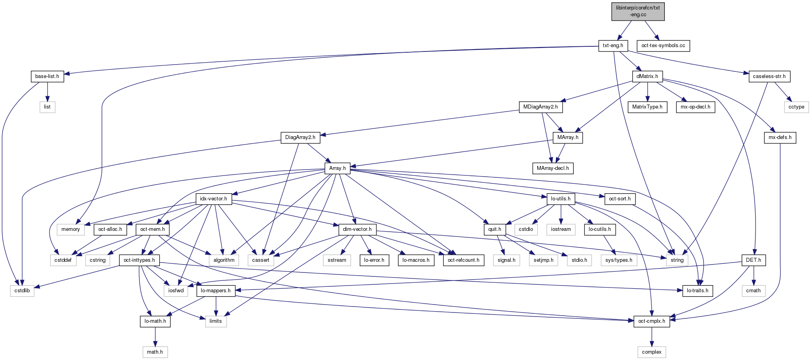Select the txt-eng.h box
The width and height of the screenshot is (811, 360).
[x=613, y=46]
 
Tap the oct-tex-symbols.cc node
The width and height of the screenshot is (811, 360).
[x=663, y=46]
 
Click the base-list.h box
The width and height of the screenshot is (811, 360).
[x=47, y=76]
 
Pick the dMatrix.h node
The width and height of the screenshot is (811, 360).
[x=647, y=76]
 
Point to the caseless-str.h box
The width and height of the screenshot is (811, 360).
[x=769, y=76]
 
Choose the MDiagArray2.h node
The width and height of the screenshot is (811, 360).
[x=540, y=107]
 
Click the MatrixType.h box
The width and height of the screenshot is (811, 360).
[x=647, y=107]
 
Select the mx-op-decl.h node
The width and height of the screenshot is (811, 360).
[x=696, y=107]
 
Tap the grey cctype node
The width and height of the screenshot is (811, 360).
[x=796, y=107]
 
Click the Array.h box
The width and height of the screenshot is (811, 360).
[x=338, y=168]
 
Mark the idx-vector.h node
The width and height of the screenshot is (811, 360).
[x=214, y=199]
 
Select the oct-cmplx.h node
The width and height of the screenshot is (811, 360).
[x=652, y=321]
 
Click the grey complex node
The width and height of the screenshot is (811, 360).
[x=652, y=352]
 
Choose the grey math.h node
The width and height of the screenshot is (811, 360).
[x=155, y=352]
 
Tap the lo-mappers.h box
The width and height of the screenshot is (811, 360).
[x=216, y=291]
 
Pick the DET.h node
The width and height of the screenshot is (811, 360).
[x=754, y=260]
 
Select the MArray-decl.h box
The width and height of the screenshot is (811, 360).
[x=553, y=168]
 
